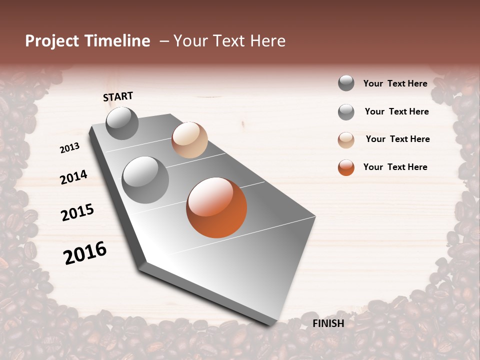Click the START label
click(x=118, y=96)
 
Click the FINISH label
click(x=328, y=323)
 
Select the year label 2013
click(x=70, y=148)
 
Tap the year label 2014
click(x=73, y=177)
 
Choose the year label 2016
click(x=85, y=253)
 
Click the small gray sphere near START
click(x=122, y=123)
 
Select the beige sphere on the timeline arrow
click(x=189, y=139)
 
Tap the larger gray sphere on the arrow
click(x=145, y=180)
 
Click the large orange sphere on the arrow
click(x=216, y=207)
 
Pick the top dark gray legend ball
click(x=346, y=83)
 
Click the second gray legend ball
click(x=346, y=112)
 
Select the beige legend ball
click(x=346, y=139)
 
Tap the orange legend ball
click(x=346, y=167)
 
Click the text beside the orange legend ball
click(x=395, y=167)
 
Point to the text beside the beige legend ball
click(x=397, y=139)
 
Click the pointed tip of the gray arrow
click(x=272, y=322)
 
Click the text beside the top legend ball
click(x=395, y=83)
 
